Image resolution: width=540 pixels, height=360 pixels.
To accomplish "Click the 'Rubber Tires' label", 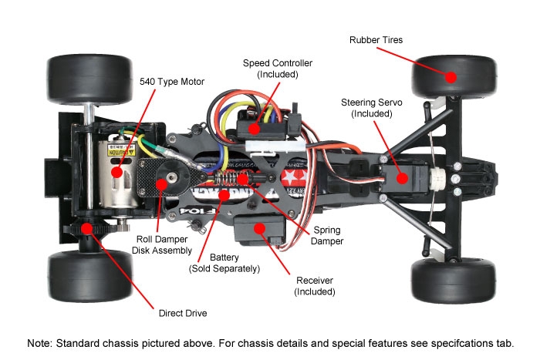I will [376, 39].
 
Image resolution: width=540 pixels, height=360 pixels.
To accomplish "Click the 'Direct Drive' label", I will [182, 314].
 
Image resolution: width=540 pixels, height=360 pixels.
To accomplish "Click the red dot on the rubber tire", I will [450, 76].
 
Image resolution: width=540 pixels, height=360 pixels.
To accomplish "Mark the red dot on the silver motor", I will [118, 171].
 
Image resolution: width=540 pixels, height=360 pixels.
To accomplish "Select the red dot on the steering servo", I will [402, 178].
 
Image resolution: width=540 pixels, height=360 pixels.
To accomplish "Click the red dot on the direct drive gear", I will [86, 227].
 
